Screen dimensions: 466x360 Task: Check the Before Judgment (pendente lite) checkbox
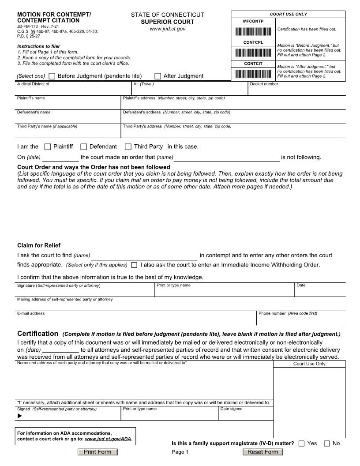[52, 76]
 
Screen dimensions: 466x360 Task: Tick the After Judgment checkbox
[158, 76]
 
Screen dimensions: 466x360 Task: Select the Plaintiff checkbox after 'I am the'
[48, 147]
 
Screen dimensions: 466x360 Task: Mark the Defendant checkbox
[83, 147]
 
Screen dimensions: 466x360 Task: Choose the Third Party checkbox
[128, 147]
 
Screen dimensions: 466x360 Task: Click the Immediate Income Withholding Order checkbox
[134, 265]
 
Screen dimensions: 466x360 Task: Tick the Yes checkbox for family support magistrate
[301, 443]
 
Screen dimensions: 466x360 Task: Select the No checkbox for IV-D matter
[327, 443]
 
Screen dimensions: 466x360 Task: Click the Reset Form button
[262, 452]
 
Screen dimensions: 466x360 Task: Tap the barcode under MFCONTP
[253, 31]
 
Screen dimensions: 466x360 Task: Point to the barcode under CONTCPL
[253, 53]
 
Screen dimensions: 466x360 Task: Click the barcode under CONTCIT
[253, 74]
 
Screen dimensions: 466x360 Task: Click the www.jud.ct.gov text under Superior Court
[167, 29]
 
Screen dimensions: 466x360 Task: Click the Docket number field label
[264, 84]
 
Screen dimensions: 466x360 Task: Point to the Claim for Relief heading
[39, 245]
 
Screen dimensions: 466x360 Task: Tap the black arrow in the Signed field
[19, 416]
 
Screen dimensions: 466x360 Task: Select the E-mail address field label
[31, 313]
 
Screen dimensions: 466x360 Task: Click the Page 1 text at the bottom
[180, 452]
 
